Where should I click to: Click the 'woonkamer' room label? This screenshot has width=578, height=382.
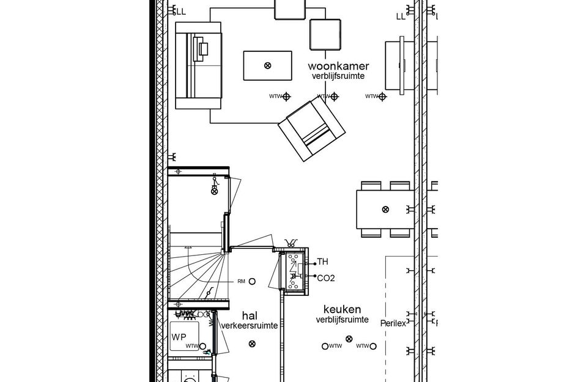pos(338,66)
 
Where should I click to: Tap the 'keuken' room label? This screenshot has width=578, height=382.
pos(342,310)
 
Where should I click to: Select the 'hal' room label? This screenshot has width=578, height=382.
pos(250,316)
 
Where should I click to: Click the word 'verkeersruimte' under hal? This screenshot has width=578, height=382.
pos(250,326)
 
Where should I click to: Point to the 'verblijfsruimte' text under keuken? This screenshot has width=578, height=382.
pos(342,320)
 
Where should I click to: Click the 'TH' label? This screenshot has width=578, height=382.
pos(322,262)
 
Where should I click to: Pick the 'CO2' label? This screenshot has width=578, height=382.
pos(325,278)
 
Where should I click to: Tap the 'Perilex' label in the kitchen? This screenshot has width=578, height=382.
pos(393,323)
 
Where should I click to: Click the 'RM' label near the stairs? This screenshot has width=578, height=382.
pos(241,281)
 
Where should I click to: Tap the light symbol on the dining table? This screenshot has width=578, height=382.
pos(385,210)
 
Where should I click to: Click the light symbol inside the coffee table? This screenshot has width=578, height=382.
pos(267,65)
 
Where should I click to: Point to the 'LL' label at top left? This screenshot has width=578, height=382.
pos(181,11)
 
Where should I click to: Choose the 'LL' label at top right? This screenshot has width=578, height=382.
pos(401,17)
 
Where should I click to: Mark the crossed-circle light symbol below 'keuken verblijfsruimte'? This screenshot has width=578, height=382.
pos(349,339)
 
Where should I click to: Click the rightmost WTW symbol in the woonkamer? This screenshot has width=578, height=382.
pos(382,97)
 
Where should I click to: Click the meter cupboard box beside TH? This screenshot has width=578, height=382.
pos(295,271)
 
